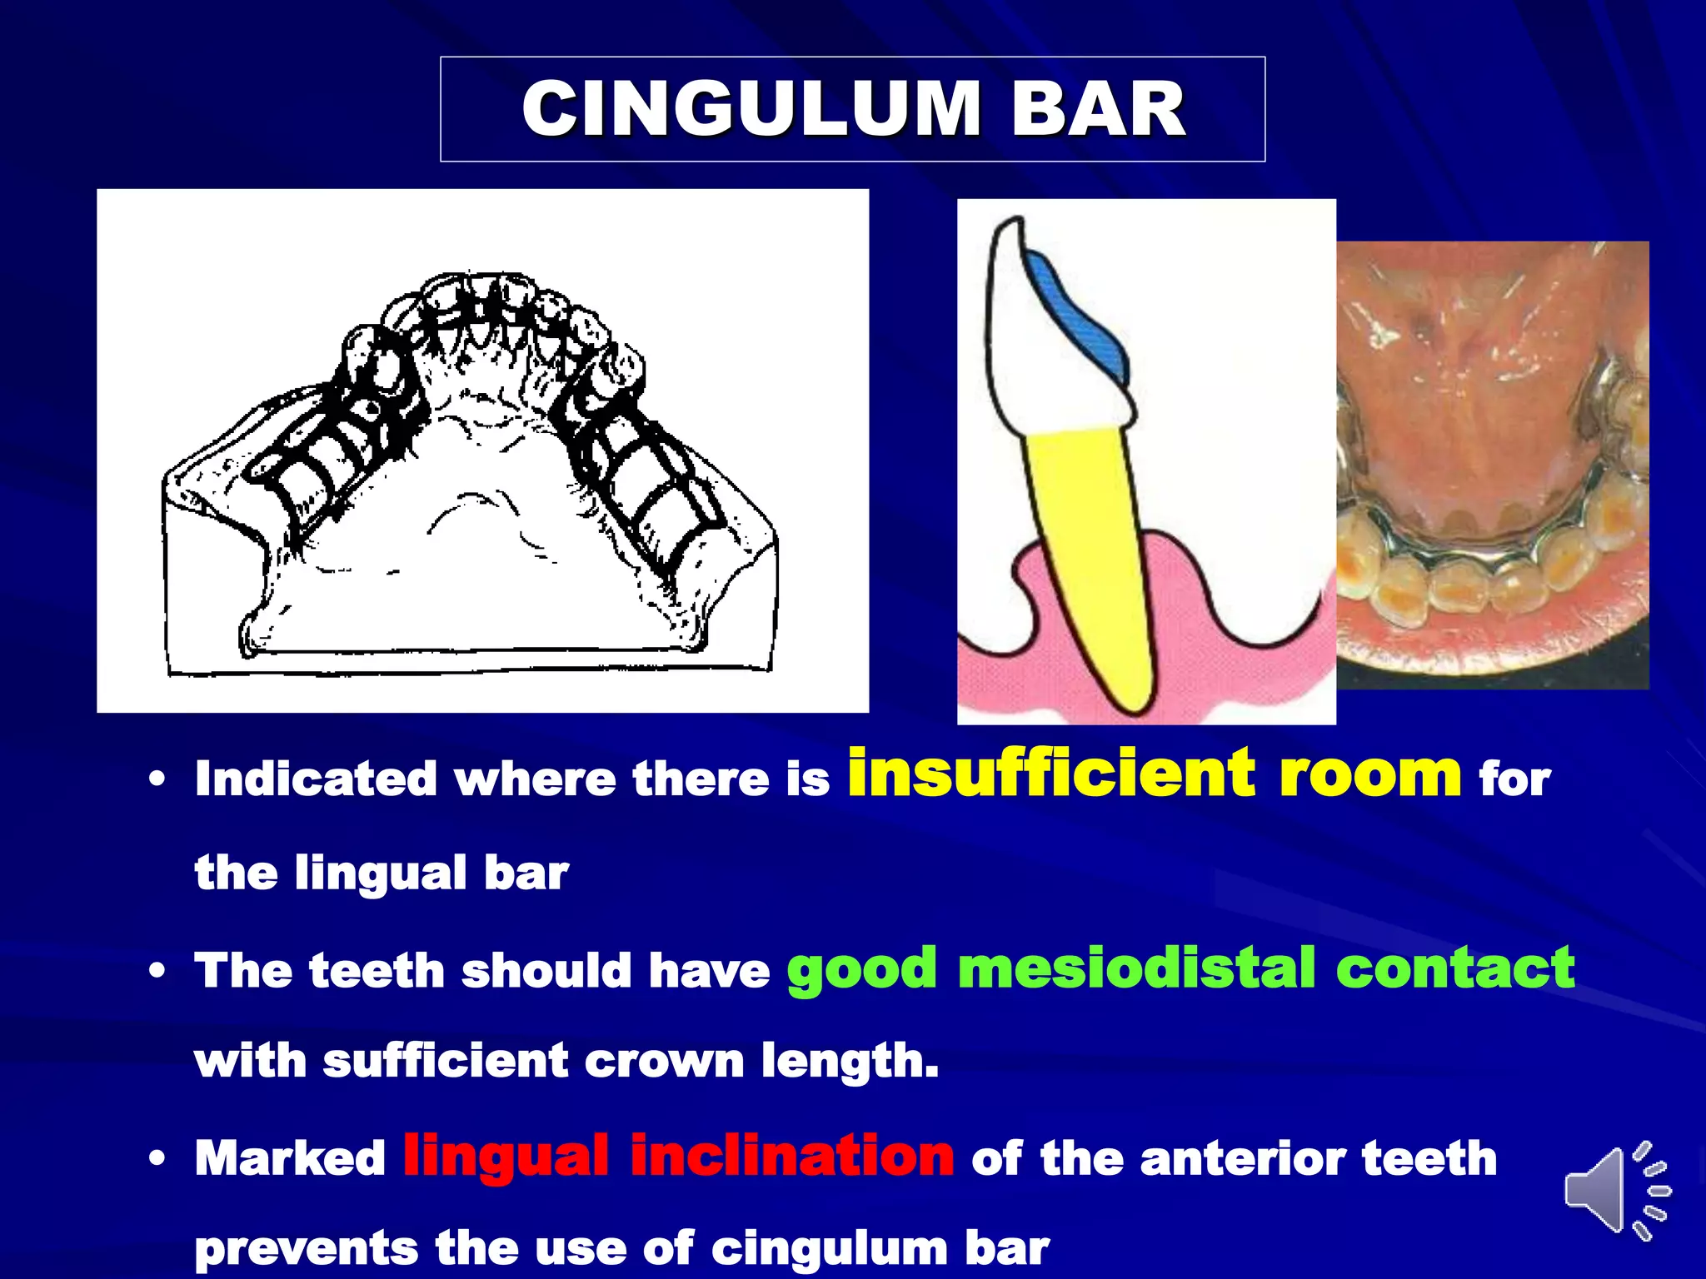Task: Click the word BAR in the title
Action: coord(1098,109)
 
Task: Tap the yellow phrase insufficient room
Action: coord(1154,774)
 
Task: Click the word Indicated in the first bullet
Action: coord(316,779)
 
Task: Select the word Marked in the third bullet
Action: coord(290,1158)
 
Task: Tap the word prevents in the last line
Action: coord(306,1248)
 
